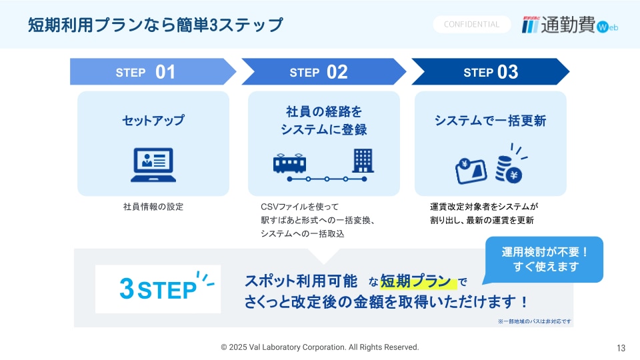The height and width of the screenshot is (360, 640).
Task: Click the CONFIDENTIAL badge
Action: [x=471, y=25]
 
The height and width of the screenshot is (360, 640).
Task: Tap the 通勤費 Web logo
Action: [x=570, y=25]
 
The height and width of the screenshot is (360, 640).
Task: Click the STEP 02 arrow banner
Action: [x=324, y=72]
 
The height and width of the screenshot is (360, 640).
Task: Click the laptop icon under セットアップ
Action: [x=153, y=165]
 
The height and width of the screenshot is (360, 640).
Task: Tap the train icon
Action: [x=289, y=163]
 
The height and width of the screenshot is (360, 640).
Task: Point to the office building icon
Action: [x=363, y=161]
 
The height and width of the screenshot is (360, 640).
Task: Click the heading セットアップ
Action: [x=153, y=121]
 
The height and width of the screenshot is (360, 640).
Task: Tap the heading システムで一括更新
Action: [x=490, y=121]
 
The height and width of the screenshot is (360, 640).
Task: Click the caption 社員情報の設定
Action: [x=153, y=207]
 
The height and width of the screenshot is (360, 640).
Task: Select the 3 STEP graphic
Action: [x=158, y=289]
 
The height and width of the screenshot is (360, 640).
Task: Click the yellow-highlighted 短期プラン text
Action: [x=415, y=281]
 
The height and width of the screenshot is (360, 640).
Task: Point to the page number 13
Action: [x=621, y=348]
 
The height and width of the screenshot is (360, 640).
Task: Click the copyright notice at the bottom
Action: [x=320, y=347]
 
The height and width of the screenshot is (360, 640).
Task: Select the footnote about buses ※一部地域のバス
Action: [x=534, y=321]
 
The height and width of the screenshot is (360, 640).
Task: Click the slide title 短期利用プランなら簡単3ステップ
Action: [x=155, y=25]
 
